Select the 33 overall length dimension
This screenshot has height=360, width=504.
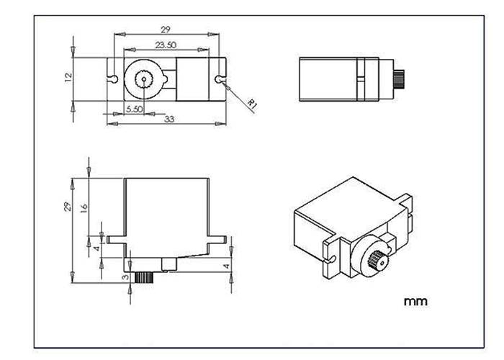tap(171, 119)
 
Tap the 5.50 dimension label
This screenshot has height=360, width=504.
tap(135, 109)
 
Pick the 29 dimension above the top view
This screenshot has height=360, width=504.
tap(166, 29)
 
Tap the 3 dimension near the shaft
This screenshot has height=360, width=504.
tap(125, 276)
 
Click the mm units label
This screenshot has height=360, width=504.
tap(415, 301)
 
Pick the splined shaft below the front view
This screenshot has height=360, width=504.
tap(145, 276)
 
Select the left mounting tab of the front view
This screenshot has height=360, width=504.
tap(117, 237)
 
